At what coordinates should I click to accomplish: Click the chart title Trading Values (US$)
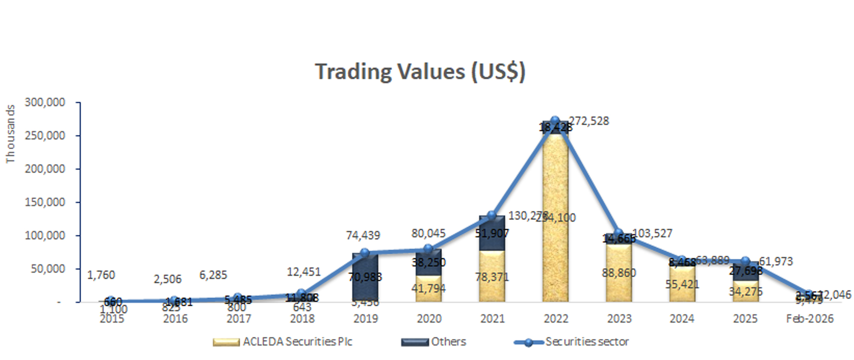[x=420, y=71]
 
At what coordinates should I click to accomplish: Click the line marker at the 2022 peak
[x=555, y=121]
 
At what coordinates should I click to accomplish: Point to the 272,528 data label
[x=589, y=121]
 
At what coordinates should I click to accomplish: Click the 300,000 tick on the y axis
[x=45, y=102]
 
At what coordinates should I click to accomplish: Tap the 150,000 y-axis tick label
[x=45, y=202]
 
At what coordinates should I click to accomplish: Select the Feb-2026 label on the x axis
[x=809, y=319]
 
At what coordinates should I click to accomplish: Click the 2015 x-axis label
[x=112, y=319]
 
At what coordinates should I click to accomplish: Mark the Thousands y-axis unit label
[x=10, y=134]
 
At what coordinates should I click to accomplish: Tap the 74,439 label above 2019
[x=363, y=235]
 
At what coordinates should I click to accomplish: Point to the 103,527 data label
[x=652, y=233]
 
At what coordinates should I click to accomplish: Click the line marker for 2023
[x=618, y=234]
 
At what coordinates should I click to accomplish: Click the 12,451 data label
[x=304, y=272]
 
